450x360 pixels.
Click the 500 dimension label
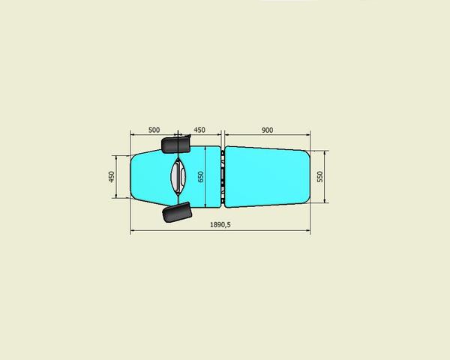click(154, 130)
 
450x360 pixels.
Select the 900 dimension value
click(267, 130)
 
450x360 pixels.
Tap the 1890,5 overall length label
click(220, 224)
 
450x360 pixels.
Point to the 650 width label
click(200, 176)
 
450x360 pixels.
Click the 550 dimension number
click(320, 176)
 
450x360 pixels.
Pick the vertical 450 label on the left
click(111, 176)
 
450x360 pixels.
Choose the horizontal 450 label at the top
click(199, 130)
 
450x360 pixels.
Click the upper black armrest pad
click(176, 144)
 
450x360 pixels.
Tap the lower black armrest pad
click(177, 212)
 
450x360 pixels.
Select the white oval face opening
click(178, 176)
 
